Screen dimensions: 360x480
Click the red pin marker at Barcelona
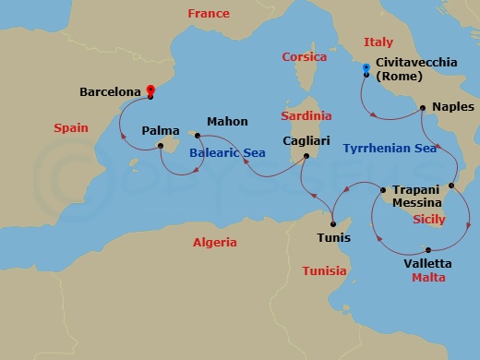pyautogui.click(x=151, y=90)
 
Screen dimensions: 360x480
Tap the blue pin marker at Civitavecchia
pyautogui.click(x=366, y=67)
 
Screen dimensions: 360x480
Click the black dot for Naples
pyautogui.click(x=423, y=108)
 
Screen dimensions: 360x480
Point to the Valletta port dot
pyautogui.click(x=428, y=249)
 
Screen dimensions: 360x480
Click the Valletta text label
pyautogui.click(x=426, y=262)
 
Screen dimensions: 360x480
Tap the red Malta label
pyautogui.click(x=428, y=277)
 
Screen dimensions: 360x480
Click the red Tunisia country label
pyautogui.click(x=324, y=270)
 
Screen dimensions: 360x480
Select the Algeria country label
pyautogui.click(x=214, y=242)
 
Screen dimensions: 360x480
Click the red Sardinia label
pyautogui.click(x=306, y=116)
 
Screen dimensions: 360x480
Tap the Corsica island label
pyautogui.click(x=304, y=57)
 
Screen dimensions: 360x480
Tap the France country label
pyautogui.click(x=208, y=14)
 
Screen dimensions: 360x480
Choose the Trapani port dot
pyautogui.click(x=383, y=191)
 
